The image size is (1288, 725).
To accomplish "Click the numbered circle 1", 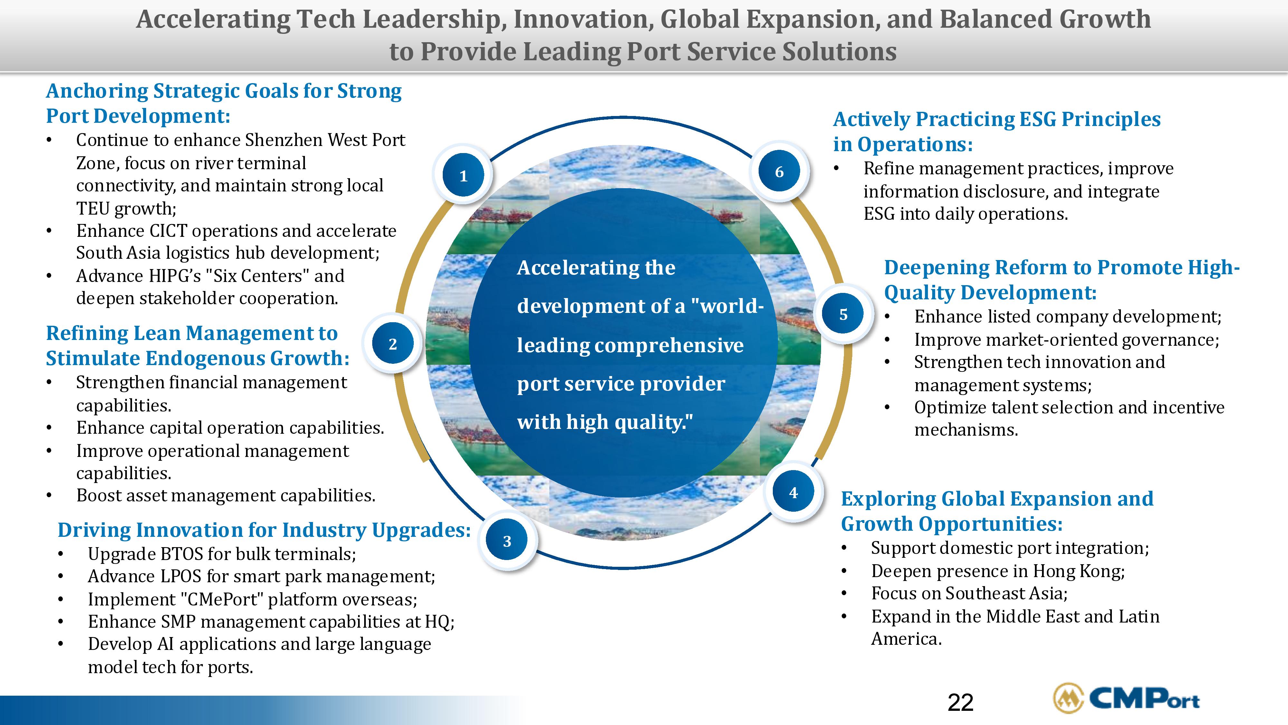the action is [463, 176].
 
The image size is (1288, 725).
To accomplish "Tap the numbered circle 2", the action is [393, 344].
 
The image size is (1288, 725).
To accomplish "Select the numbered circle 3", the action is [507, 541].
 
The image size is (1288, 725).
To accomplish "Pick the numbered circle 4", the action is [793, 492].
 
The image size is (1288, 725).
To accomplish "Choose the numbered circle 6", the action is [779, 172].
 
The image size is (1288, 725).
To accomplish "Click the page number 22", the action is [961, 702].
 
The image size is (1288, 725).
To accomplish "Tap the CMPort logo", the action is [1126, 698].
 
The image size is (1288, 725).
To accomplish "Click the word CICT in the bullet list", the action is [168, 231].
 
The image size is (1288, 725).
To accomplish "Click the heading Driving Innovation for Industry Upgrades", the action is [264, 530].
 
